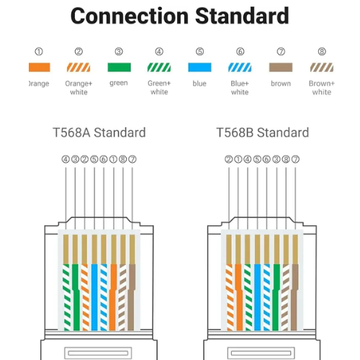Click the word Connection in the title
coord(130,16)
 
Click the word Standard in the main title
coord(242,16)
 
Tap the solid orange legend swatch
coord(40,68)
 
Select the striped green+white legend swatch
coord(159,68)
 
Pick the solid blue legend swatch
coord(199,68)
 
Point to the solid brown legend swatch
coord(281,68)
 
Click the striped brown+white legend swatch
coord(322,68)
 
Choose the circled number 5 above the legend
coord(199,52)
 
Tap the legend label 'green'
coord(119,84)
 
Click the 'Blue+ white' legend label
coord(240,88)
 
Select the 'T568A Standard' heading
coord(99,132)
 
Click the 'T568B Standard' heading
coord(263,132)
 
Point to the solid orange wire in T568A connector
coord(113,297)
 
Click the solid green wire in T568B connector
coord(276,297)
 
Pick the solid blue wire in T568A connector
coord(94,297)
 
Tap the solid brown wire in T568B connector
coord(294,297)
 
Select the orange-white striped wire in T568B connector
coord(230,297)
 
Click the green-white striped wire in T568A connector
coord(66,297)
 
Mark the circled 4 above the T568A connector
coord(66,159)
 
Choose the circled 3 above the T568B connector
coord(276,159)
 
